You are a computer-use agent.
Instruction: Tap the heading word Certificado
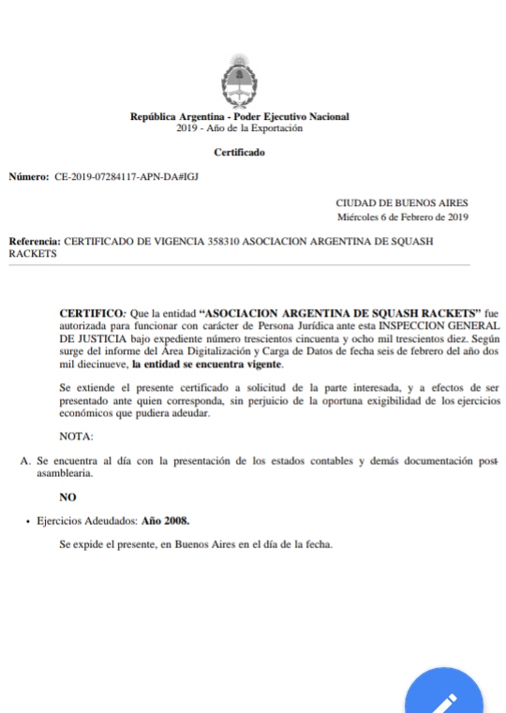(239, 152)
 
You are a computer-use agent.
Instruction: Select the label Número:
(28, 176)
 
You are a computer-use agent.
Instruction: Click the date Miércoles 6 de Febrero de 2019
(403, 216)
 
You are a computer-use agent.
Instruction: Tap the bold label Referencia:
(34, 242)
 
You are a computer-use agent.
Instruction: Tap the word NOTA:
(76, 437)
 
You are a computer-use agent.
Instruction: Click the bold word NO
(67, 497)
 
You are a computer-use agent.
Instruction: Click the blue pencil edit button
(445, 696)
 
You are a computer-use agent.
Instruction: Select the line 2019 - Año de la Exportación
(239, 128)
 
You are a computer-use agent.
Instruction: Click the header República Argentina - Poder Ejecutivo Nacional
(239, 117)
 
